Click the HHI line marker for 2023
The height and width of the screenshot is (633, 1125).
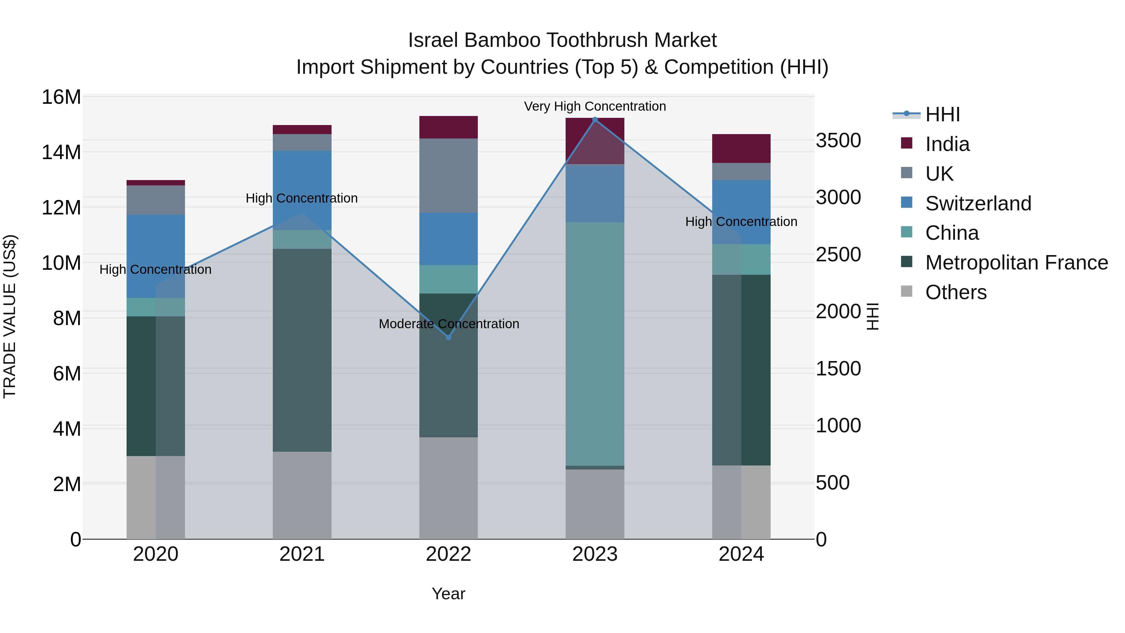pos(595,119)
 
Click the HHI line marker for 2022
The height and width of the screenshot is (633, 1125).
pos(448,337)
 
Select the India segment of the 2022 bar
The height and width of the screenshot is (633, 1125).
pos(448,127)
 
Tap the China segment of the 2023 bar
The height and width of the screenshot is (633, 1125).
pos(595,344)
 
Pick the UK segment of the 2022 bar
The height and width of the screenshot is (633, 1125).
pos(448,176)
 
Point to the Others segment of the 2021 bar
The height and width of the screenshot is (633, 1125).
pos(302,495)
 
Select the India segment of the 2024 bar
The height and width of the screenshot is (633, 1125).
pos(741,148)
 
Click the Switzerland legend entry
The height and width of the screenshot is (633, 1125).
pos(978,203)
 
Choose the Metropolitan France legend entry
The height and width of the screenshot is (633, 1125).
pos(1016,263)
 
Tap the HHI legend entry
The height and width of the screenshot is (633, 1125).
pos(942,114)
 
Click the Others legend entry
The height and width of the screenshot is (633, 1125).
pos(956,292)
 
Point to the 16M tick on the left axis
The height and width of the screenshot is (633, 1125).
pos(61,97)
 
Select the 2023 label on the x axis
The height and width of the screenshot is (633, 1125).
pos(595,554)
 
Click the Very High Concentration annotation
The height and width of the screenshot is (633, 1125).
pos(595,106)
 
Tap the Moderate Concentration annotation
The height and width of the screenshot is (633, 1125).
pos(448,324)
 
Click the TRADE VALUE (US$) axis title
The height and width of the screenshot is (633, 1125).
pos(10,316)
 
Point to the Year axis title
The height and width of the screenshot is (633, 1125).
pos(448,594)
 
